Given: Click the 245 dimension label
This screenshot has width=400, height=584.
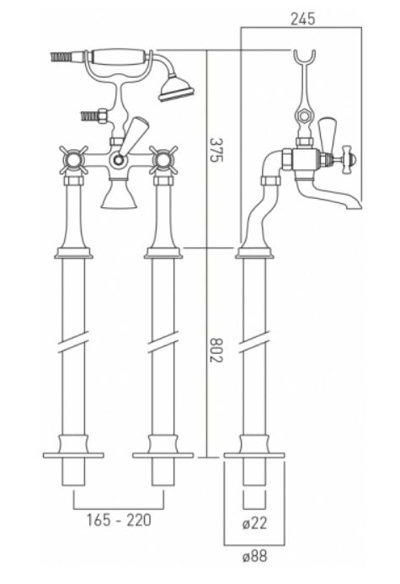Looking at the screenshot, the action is pos(302,19).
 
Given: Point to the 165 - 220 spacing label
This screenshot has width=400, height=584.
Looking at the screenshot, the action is pos(119,520).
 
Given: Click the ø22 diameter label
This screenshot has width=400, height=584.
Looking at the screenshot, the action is pos(254,523).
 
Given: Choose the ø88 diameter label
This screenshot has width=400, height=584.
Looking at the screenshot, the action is pos(254,556).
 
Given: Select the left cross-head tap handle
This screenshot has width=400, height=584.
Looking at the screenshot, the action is pos(73,160).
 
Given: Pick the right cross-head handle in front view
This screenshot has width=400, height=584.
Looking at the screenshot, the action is pos(163,160).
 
